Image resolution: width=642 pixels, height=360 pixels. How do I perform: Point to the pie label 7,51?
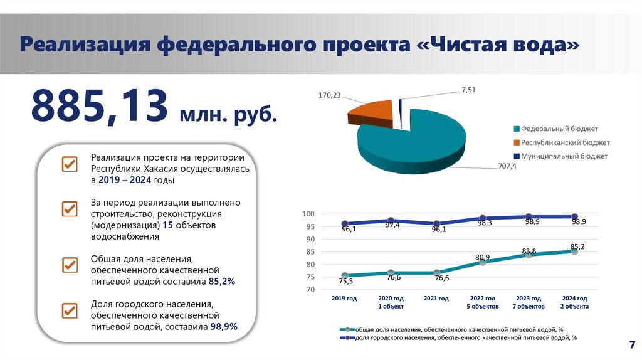[x=469, y=90]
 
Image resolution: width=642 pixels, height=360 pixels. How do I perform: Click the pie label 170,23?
[x=330, y=96]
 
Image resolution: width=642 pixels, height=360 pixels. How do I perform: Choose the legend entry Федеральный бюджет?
[x=554, y=128]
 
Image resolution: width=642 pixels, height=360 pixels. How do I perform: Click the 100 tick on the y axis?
[x=308, y=214]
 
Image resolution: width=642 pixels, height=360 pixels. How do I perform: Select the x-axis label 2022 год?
[x=483, y=299]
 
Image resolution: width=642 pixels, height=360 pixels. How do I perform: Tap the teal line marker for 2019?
[x=345, y=275]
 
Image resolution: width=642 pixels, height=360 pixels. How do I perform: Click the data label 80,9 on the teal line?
[x=483, y=257]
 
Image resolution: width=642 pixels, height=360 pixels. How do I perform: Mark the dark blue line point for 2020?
[x=391, y=220]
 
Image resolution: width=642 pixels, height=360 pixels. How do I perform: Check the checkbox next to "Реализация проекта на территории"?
[x=69, y=164]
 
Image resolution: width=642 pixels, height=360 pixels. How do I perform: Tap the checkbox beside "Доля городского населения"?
[x=69, y=310]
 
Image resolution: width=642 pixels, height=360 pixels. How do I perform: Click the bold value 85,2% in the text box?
[x=222, y=282]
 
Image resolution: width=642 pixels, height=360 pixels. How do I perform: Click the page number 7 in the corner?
[x=631, y=345]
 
